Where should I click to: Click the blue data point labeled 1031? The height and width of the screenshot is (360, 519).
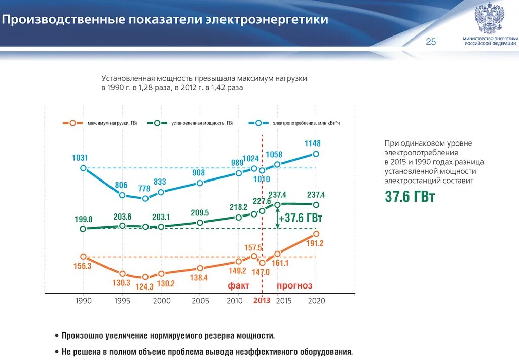(x=84, y=168)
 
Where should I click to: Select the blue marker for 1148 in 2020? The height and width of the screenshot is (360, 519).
(x=316, y=154)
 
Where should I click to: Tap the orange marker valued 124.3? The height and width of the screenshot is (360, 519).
(x=145, y=277)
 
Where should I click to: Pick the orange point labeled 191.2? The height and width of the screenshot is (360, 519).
(x=316, y=234)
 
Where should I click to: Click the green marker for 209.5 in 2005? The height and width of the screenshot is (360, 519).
(x=200, y=222)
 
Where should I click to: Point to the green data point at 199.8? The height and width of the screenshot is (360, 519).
(x=84, y=229)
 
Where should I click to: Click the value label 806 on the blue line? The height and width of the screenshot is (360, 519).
(x=121, y=185)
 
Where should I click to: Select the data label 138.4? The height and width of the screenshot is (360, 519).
(x=199, y=278)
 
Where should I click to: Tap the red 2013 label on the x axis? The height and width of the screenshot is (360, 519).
(x=262, y=301)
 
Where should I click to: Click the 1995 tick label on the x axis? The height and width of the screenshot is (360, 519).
(x=122, y=301)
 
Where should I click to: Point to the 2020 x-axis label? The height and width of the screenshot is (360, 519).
(x=316, y=301)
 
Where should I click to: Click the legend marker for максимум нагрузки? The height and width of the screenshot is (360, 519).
(x=73, y=123)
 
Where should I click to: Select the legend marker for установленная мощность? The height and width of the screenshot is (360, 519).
(x=157, y=123)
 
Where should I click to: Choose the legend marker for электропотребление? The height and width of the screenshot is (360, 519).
(x=259, y=123)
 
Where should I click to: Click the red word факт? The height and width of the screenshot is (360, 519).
(x=238, y=286)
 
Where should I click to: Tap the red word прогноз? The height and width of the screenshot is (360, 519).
(x=294, y=286)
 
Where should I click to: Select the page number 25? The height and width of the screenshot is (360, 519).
(x=431, y=42)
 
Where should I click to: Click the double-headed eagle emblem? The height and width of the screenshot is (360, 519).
(x=489, y=18)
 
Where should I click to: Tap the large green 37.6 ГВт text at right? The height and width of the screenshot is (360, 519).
(x=410, y=197)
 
